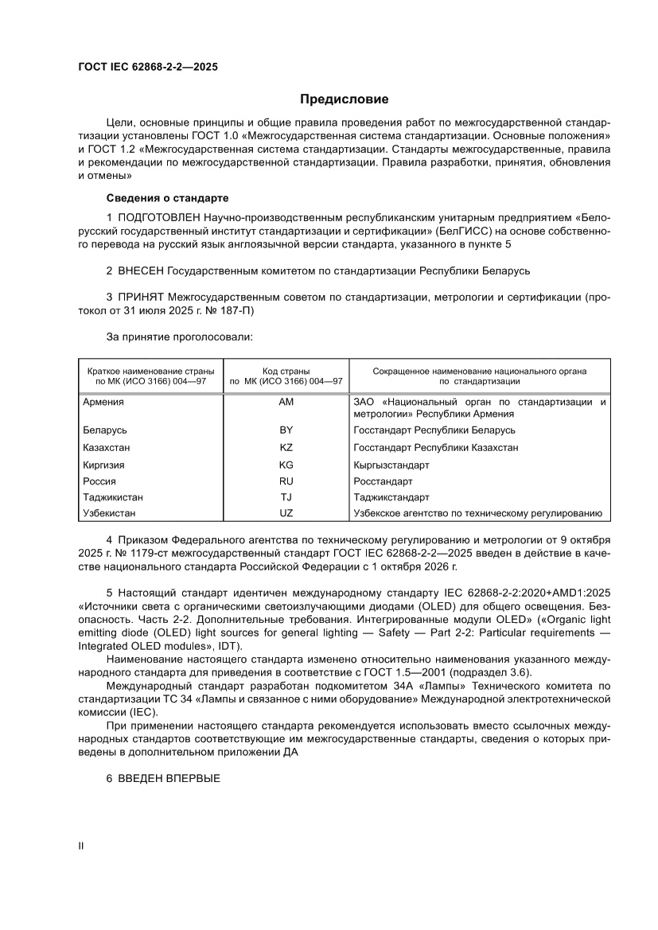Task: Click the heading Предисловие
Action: click(344, 99)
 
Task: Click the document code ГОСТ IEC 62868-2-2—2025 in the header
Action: click(147, 68)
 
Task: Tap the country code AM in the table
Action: click(286, 402)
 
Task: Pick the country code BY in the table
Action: click(286, 430)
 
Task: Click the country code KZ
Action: click(286, 447)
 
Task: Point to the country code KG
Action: click(286, 465)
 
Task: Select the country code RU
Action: click(286, 481)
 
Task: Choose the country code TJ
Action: click(286, 497)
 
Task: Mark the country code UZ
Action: click(286, 514)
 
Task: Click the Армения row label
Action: click(103, 402)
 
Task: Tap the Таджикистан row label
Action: click(113, 497)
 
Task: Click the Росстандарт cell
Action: click(383, 481)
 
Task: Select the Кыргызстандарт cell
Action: click(391, 465)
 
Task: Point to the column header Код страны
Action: click(286, 371)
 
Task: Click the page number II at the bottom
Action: click(80, 846)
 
